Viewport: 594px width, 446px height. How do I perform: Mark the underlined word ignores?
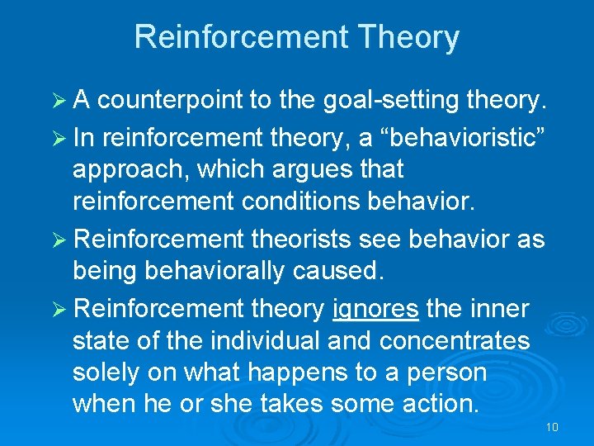point(375,310)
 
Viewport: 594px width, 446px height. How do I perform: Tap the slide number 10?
point(552,427)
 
